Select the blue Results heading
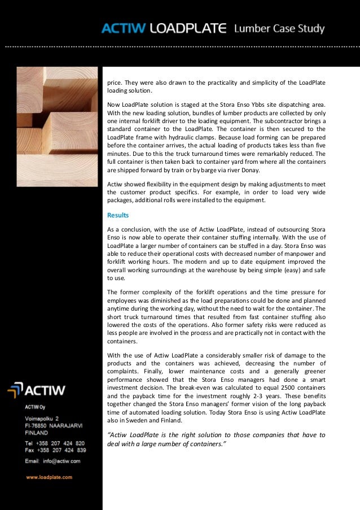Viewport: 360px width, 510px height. click(x=118, y=215)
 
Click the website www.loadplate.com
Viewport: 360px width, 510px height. click(x=49, y=477)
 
